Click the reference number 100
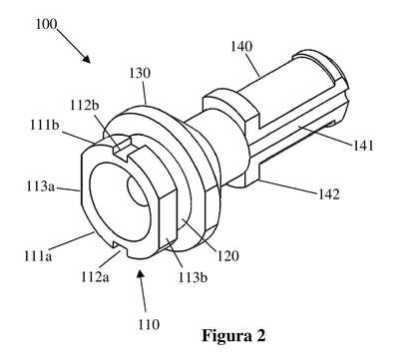tap(46, 24)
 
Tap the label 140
tap(241, 47)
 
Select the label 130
tap(140, 73)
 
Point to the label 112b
tap(85, 106)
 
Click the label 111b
tap(45, 126)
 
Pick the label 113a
tap(40, 186)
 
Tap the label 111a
tap(38, 256)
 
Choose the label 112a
tap(95, 276)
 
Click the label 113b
tap(193, 277)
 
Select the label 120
tap(228, 256)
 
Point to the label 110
tap(149, 324)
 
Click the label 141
tap(363, 146)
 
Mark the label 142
tap(329, 194)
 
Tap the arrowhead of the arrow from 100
tap(87, 59)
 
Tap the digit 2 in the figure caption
tap(260, 335)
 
